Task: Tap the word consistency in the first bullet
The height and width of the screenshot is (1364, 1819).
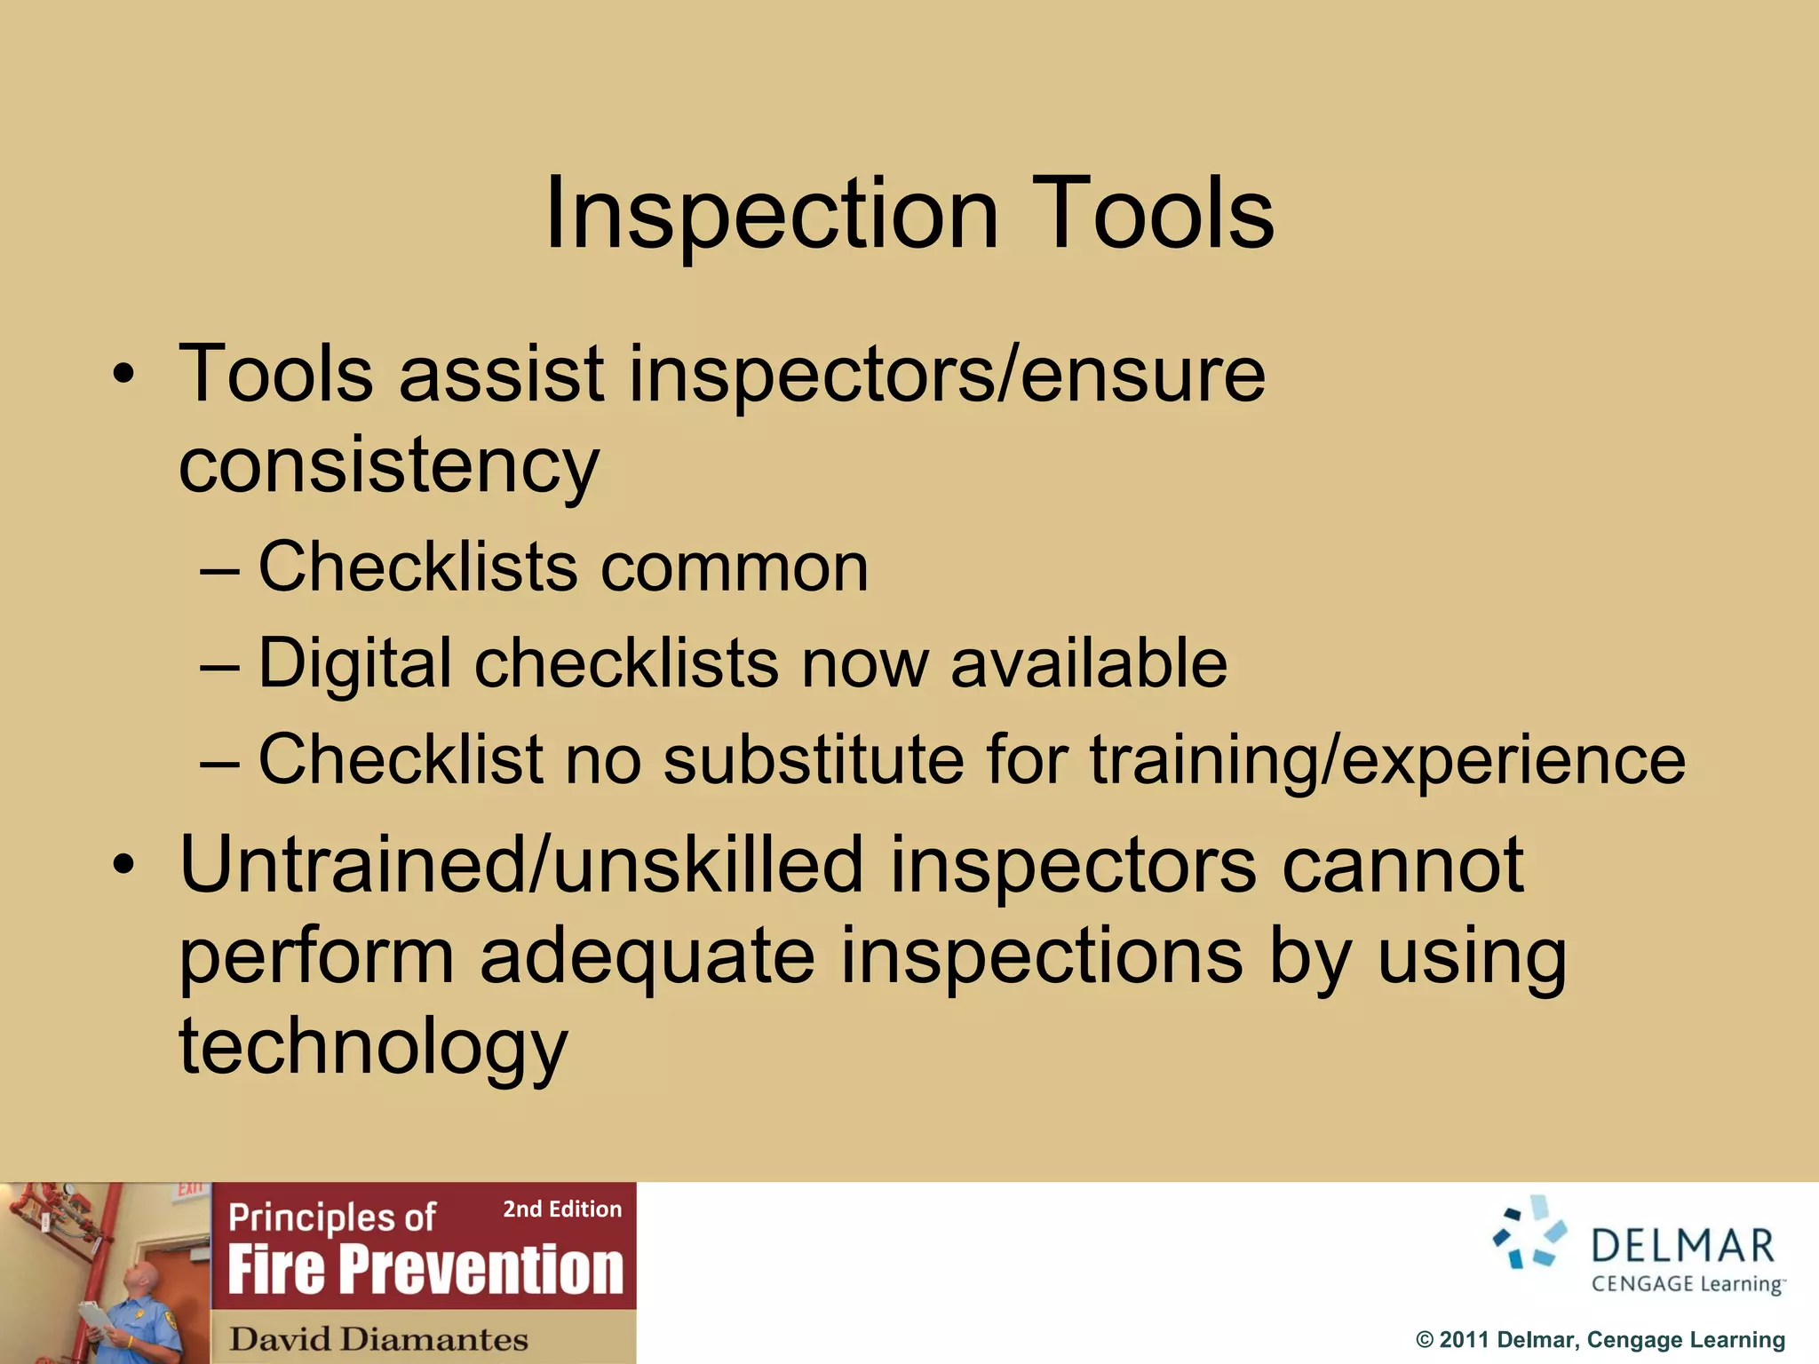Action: click(x=389, y=466)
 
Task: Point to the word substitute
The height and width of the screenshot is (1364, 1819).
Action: click(x=813, y=760)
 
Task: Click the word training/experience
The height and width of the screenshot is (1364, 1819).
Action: click(x=1386, y=760)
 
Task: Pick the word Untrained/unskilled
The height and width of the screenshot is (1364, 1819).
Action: click(x=521, y=865)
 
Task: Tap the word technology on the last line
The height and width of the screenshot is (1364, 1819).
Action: click(x=373, y=1048)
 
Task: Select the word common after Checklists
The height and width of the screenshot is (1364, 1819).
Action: click(x=734, y=568)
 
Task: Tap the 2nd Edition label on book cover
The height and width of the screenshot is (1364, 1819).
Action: click(x=562, y=1209)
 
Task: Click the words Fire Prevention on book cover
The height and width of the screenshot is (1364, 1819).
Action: click(x=425, y=1269)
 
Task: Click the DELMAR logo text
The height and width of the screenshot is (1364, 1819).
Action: click(x=1682, y=1246)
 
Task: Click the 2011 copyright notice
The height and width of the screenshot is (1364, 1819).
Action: click(x=1600, y=1340)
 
